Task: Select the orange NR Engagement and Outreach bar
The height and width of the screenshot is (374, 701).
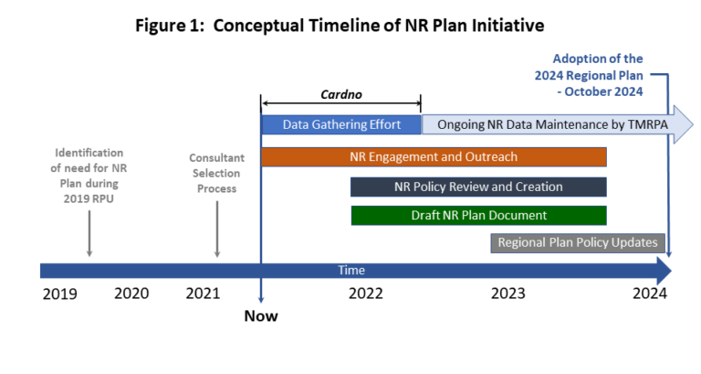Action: click(434, 156)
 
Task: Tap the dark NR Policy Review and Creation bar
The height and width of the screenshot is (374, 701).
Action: click(478, 187)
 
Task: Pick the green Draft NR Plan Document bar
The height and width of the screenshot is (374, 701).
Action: click(478, 216)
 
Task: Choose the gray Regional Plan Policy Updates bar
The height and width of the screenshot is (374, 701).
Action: click(578, 242)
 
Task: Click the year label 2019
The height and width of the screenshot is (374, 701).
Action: click(60, 294)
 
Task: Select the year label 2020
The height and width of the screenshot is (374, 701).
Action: click(131, 294)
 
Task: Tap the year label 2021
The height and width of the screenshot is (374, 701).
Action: click(203, 294)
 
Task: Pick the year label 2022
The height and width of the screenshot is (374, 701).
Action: click(366, 294)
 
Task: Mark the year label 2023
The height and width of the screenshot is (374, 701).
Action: click(507, 294)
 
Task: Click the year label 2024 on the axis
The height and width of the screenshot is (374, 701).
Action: click(650, 294)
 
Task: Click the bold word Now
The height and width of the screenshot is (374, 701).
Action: click(261, 316)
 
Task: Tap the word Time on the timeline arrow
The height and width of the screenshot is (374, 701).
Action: click(351, 270)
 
